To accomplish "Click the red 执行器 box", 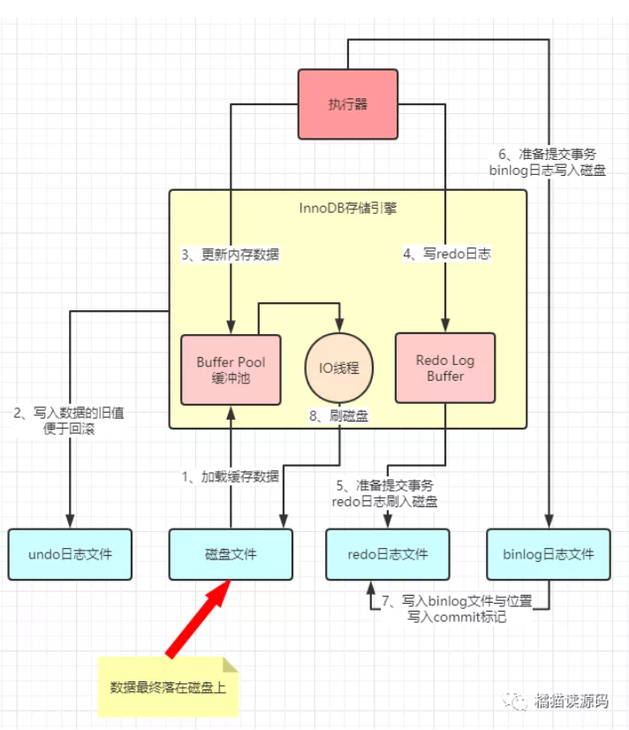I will (x=347, y=104).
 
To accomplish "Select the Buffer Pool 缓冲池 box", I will (x=231, y=369).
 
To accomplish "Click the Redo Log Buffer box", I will (x=445, y=369).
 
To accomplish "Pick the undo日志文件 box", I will (x=70, y=554).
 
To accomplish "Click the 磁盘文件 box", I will (x=231, y=554).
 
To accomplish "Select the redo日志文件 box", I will (x=387, y=554).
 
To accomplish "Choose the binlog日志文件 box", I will (x=548, y=554).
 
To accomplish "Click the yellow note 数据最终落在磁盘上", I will (x=168, y=687).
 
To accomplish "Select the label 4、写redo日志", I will (x=446, y=255).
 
